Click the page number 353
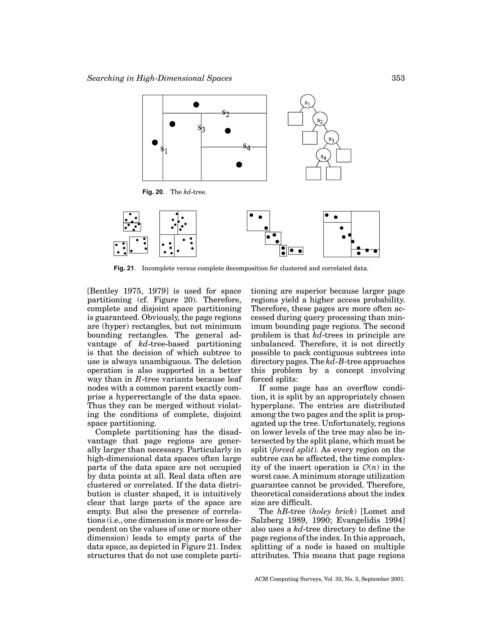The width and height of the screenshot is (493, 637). point(398,78)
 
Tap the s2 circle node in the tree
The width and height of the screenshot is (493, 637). point(320,119)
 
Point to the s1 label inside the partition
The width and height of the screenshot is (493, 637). point(164,150)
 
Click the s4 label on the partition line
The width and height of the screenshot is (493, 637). point(247,147)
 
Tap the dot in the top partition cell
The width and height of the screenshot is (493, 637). point(196,104)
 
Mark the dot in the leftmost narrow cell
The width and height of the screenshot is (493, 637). point(155,142)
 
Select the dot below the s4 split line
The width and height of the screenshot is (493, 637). point(239,164)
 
